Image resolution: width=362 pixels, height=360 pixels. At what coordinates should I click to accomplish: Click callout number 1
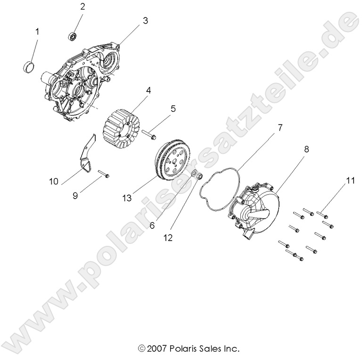37,32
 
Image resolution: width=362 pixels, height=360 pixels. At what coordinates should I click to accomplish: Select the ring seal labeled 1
29,66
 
